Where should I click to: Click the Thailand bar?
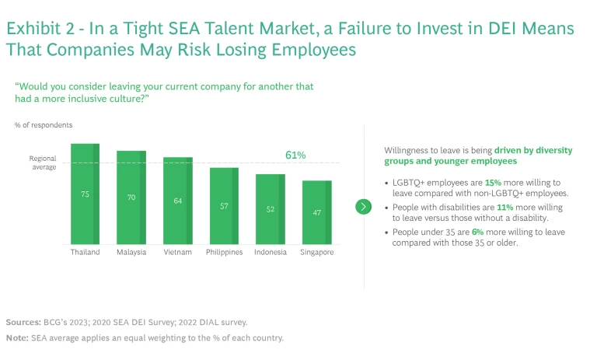[x=86, y=194]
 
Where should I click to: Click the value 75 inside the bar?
[x=86, y=194]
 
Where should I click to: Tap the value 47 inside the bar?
[x=317, y=212]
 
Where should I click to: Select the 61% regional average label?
[x=295, y=156]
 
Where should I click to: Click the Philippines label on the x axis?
[x=225, y=252]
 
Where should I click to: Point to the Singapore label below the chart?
[x=317, y=252]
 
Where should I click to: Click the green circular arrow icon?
[x=362, y=206]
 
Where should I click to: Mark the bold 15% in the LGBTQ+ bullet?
[x=494, y=182]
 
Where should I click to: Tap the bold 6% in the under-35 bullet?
[x=477, y=232]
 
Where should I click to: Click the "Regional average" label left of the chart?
[x=43, y=163]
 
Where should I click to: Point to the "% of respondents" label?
[x=44, y=124]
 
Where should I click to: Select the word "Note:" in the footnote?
[x=17, y=338]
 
